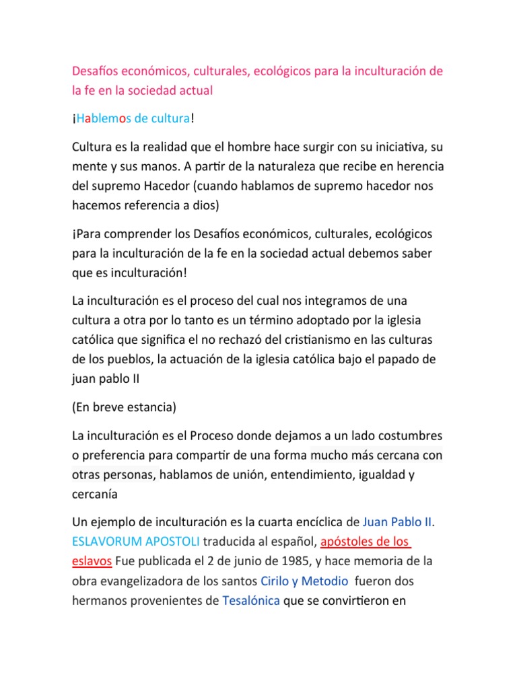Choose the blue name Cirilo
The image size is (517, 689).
click(x=278, y=580)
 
